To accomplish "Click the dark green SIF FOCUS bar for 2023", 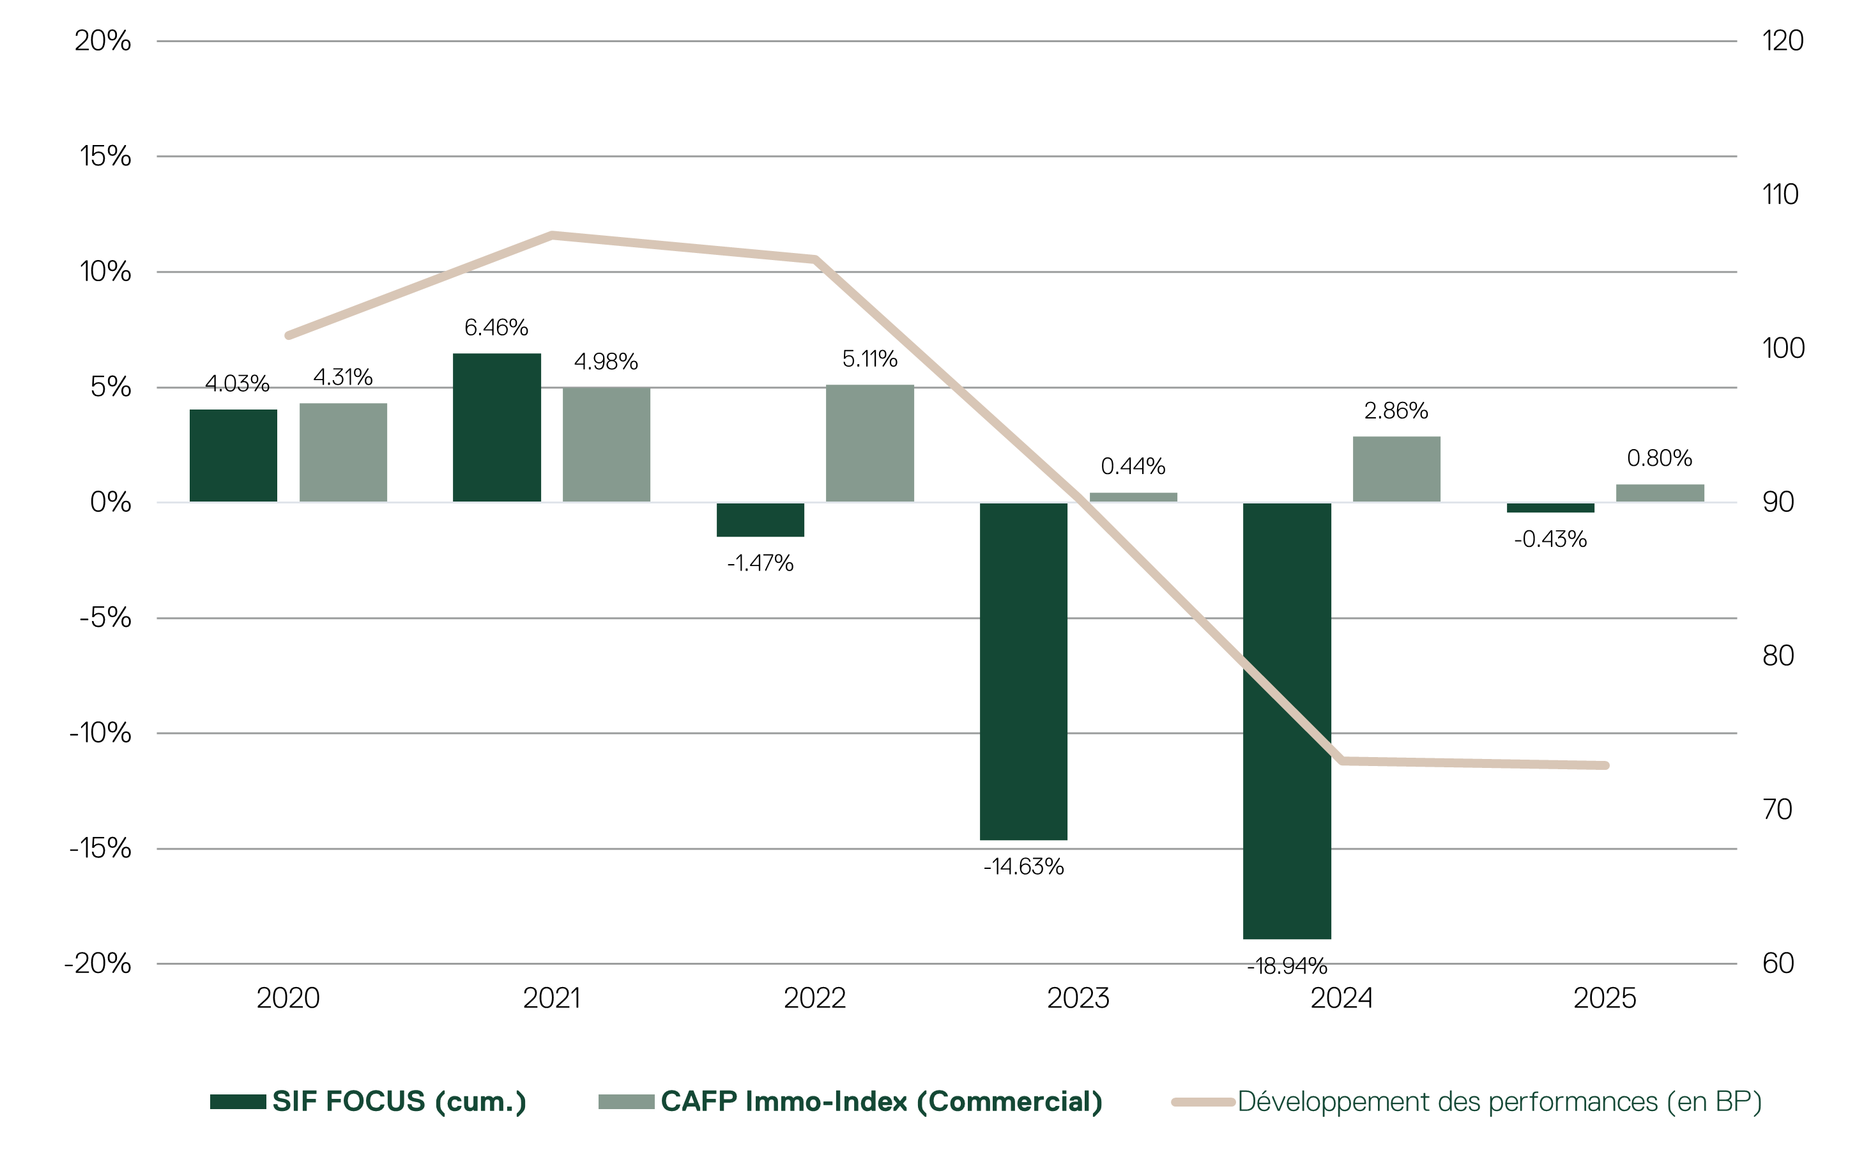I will click(x=1023, y=671).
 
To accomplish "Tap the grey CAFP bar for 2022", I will click(x=869, y=443).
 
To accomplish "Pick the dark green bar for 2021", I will click(x=496, y=427).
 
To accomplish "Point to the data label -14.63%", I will click(x=1023, y=867).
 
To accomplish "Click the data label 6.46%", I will click(x=496, y=328).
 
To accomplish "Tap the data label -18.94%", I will click(x=1287, y=966).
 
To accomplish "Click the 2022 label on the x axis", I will click(x=814, y=998).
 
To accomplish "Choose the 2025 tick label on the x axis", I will click(x=1605, y=998).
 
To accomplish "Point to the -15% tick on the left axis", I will click(x=100, y=848).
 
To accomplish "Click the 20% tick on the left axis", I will click(x=103, y=41).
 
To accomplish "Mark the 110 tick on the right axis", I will click(x=1780, y=195).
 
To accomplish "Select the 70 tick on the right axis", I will click(x=1777, y=809).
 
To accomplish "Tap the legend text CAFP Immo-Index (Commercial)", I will click(x=881, y=1101).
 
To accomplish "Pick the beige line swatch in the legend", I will click(x=1202, y=1101).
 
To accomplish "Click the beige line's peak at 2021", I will click(x=552, y=235).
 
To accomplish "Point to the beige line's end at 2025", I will click(x=1605, y=765).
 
